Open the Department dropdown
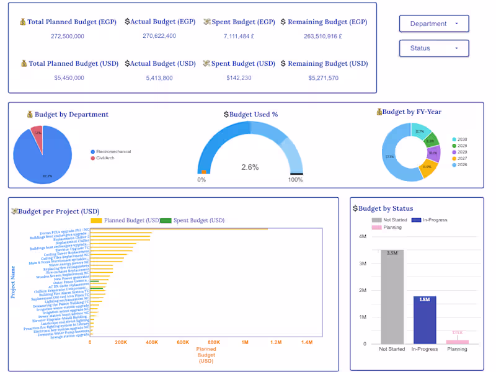pyautogui.click(x=433, y=24)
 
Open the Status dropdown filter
pyautogui.click(x=433, y=48)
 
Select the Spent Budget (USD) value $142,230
pyautogui.click(x=239, y=78)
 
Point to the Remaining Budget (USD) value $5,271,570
pyautogui.click(x=323, y=78)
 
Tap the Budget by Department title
pyautogui.click(x=68, y=114)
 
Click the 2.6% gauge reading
pyautogui.click(x=250, y=167)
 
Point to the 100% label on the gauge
pyautogui.click(x=295, y=180)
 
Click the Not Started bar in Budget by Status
pyautogui.click(x=392, y=298)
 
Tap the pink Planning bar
pyautogui.click(x=458, y=342)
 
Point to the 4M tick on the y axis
pyautogui.click(x=362, y=236)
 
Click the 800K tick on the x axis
pyautogui.click(x=215, y=342)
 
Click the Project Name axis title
pyautogui.click(x=13, y=282)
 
